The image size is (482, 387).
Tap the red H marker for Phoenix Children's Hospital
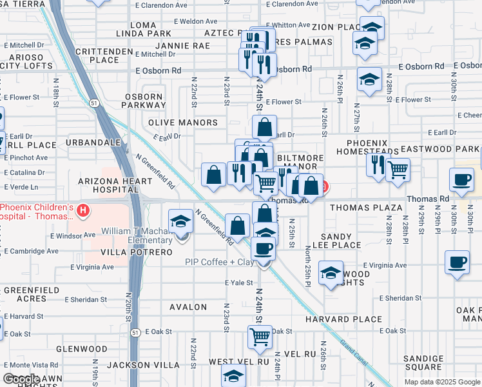[82, 210]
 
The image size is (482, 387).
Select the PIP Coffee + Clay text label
[218, 262]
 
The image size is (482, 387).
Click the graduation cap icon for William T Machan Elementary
[181, 223]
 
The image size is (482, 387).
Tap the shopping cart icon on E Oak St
[260, 336]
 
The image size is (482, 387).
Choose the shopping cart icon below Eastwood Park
[398, 170]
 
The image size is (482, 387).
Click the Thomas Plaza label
[366, 208]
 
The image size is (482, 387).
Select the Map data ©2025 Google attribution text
[442, 382]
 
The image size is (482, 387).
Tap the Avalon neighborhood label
[189, 307]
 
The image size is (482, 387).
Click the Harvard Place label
[352, 319]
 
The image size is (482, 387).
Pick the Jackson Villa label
[143, 365]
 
